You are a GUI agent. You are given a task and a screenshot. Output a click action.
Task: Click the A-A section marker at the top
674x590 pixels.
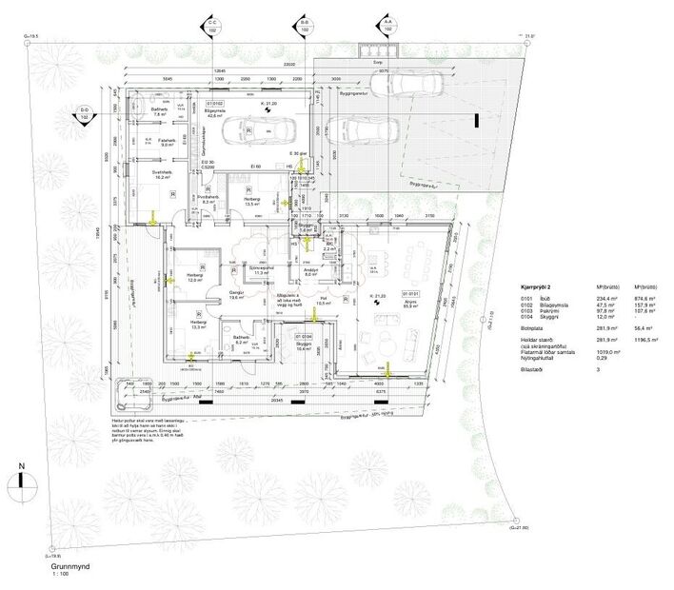coord(387,26)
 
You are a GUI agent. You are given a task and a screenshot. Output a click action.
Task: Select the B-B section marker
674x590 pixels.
coord(305,26)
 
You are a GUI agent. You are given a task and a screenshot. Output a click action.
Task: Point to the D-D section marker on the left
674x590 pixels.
coord(85,117)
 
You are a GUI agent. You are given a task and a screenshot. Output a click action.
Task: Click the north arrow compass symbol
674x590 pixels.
coord(19,484)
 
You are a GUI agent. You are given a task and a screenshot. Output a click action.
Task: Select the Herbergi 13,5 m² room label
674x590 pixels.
coord(252,203)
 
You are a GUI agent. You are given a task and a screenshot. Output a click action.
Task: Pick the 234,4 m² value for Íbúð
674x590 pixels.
coord(601,297)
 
